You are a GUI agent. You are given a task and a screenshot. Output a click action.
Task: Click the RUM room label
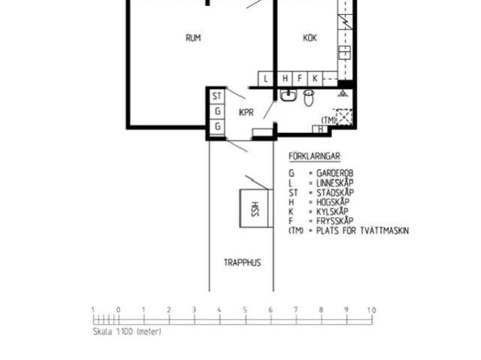pyautogui.click(x=193, y=38)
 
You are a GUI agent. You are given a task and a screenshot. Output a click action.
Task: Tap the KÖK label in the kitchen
pyautogui.click(x=310, y=38)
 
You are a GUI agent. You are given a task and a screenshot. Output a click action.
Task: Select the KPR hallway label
pyautogui.click(x=246, y=113)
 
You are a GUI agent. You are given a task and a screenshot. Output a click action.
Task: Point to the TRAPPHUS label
pyautogui.click(x=242, y=262)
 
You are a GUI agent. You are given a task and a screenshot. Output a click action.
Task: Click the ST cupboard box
pyautogui.click(x=216, y=96)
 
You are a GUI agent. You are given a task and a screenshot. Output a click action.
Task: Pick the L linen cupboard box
pyautogui.click(x=265, y=78)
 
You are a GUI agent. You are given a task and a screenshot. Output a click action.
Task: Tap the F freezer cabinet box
pyautogui.click(x=299, y=78)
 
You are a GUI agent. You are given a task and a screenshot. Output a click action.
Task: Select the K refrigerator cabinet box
pyautogui.click(x=314, y=78)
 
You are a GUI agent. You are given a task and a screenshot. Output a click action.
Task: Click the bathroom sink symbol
pyautogui.click(x=288, y=95)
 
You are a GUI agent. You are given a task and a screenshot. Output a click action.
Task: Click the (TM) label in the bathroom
pyautogui.click(x=328, y=119)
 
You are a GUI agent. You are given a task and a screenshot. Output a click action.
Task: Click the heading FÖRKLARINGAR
pyautogui.click(x=315, y=156)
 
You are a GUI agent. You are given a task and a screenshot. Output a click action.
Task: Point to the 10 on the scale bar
pyautogui.click(x=371, y=310)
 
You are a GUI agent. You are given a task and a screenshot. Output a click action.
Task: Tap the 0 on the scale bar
pyautogui.click(x=118, y=310)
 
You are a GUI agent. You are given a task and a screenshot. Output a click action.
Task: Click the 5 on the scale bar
pyautogui.click(x=245, y=310)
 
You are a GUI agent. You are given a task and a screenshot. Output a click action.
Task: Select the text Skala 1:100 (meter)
pyautogui.click(x=126, y=331)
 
